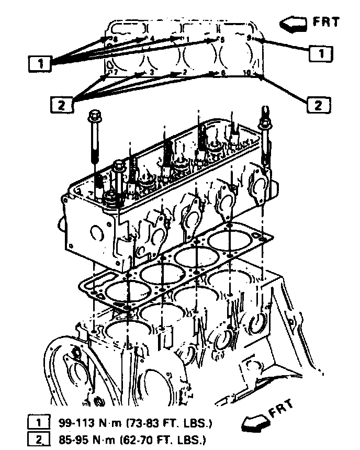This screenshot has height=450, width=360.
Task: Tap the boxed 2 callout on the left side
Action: (61, 105)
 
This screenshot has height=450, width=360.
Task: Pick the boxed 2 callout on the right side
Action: (317, 105)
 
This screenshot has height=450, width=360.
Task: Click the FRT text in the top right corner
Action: (326, 22)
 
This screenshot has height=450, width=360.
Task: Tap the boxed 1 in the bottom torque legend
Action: (37, 421)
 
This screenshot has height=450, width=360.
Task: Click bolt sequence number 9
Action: (250, 39)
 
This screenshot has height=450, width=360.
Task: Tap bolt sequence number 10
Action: (248, 73)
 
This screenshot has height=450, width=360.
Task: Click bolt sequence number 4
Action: (152, 39)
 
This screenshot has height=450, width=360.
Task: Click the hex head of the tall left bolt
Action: (95, 114)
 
